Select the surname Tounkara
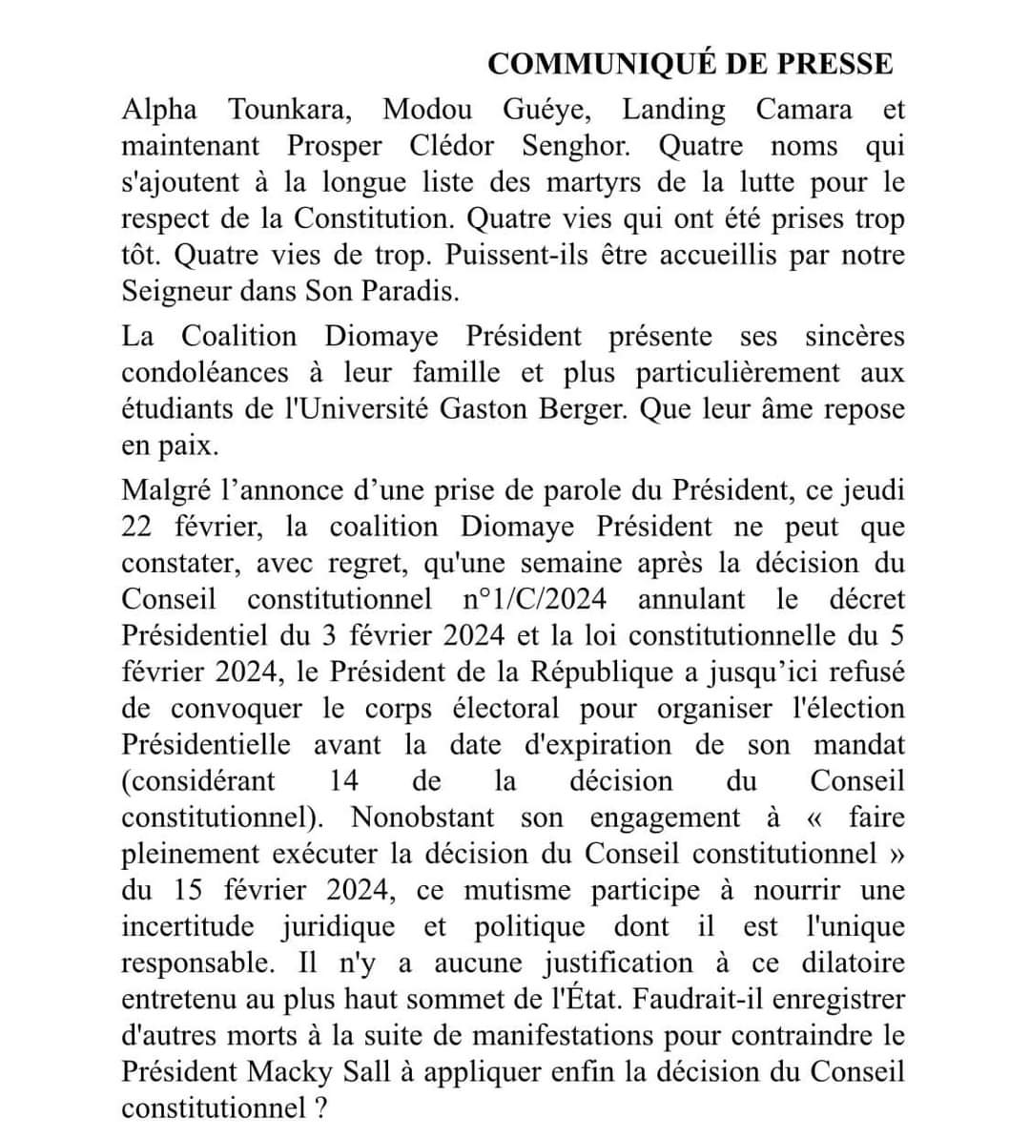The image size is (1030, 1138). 290,110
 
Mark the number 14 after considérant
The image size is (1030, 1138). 343,780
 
